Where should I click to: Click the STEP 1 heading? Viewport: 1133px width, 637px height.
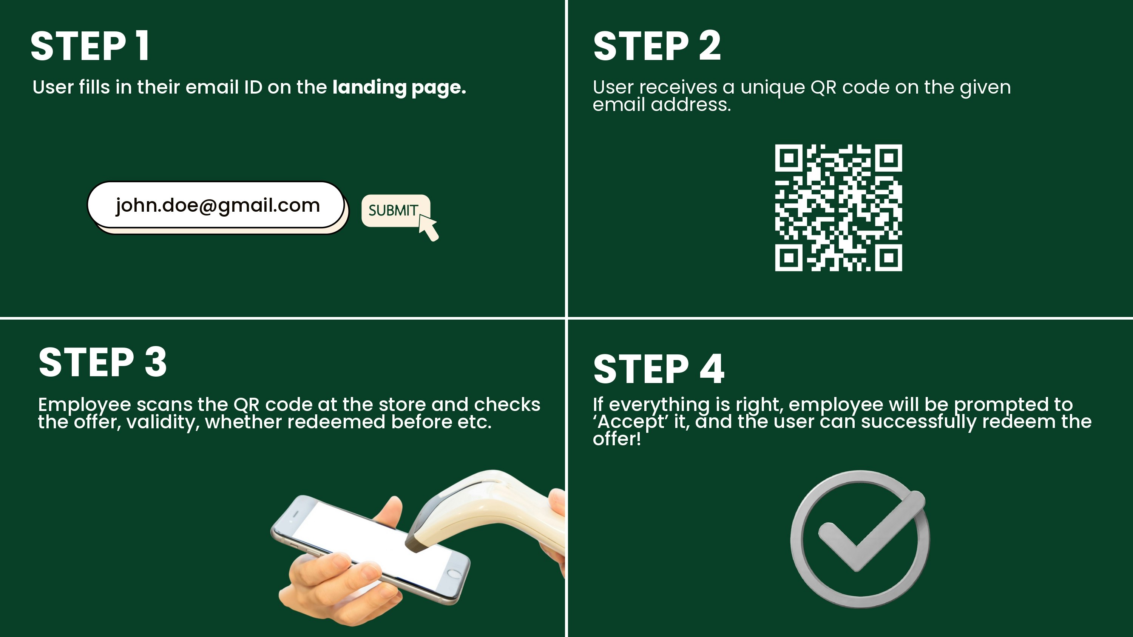[x=90, y=46]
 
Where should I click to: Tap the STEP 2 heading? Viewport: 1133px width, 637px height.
[x=657, y=46]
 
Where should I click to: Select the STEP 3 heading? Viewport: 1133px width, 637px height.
[x=102, y=362]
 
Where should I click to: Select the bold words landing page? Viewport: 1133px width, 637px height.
[x=399, y=88]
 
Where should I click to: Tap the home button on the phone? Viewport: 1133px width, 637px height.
[x=454, y=573]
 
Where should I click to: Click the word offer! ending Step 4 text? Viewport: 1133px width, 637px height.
[x=617, y=439]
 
